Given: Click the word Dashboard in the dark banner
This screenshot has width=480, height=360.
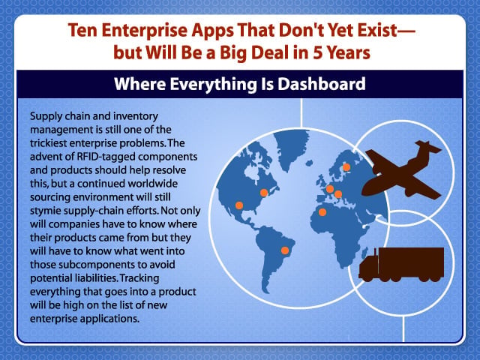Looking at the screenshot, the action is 322,84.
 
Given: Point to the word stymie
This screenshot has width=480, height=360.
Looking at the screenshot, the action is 45,211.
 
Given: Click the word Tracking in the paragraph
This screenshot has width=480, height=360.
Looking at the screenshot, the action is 139,278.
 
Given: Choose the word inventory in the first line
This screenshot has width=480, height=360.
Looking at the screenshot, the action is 136,116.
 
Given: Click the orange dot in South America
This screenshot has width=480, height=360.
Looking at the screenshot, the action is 285,250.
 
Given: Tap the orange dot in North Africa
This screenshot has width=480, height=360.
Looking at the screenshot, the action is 322,211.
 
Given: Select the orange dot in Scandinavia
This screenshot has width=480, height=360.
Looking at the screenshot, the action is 346,167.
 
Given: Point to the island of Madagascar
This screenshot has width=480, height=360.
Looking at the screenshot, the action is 364,253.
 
